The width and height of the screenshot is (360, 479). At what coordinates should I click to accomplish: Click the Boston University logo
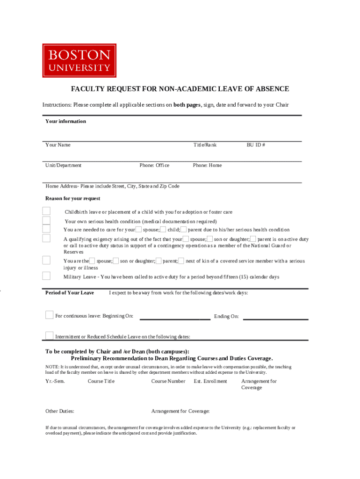click(79, 60)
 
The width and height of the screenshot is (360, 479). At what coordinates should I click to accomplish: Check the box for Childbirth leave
click(46, 212)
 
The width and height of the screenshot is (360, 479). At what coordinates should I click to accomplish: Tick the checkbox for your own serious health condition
click(46, 221)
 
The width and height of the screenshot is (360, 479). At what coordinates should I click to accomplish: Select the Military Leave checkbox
click(46, 276)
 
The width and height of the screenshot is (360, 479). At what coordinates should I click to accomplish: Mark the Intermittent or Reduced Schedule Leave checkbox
click(49, 335)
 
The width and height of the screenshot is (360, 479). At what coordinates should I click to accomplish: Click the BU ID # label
click(256, 145)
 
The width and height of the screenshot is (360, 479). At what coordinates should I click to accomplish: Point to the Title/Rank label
click(205, 145)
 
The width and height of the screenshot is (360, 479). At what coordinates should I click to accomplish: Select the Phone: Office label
click(154, 166)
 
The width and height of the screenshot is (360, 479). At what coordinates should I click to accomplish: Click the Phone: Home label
click(207, 166)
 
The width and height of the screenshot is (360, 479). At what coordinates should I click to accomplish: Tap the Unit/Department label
click(63, 166)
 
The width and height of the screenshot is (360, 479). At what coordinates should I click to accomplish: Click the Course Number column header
click(168, 381)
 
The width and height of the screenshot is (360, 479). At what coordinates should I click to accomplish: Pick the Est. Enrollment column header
click(210, 381)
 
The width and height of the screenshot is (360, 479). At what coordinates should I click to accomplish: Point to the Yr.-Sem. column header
click(55, 381)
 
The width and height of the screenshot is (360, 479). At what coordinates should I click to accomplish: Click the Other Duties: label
click(59, 412)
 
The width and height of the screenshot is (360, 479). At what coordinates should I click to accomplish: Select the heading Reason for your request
click(72, 199)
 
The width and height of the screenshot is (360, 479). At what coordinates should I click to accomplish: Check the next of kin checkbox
click(181, 261)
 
